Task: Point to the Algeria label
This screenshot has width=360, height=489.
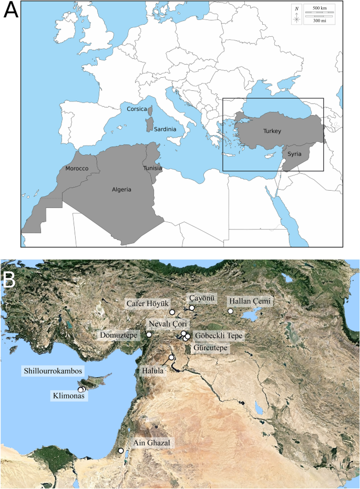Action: [x=120, y=189]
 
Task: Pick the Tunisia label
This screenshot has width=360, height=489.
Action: [x=152, y=168]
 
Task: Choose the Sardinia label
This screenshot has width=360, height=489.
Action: [x=165, y=129]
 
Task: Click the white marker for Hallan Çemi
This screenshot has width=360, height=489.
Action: [x=230, y=311]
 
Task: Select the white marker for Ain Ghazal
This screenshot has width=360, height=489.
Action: [x=121, y=451]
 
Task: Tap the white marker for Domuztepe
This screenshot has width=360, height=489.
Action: [x=149, y=334]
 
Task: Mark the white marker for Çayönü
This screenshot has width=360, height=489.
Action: [x=192, y=308]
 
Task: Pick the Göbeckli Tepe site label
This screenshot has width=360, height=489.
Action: [x=215, y=335]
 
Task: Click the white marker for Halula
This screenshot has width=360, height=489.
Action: [x=171, y=358]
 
